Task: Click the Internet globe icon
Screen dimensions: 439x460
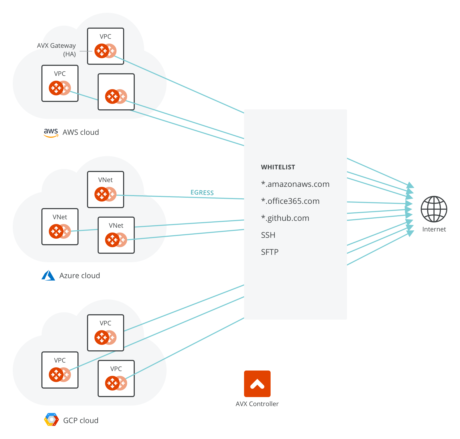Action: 434,209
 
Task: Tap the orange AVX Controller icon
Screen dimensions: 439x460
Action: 257,384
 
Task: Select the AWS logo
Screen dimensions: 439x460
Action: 51,133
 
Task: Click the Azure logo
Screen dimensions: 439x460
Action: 48,276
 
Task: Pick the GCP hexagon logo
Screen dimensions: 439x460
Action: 51,420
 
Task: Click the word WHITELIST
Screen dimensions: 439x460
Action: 278,167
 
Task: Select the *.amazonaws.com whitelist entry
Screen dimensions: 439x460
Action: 295,184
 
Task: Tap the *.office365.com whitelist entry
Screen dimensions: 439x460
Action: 290,201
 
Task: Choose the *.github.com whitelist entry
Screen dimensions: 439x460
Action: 285,218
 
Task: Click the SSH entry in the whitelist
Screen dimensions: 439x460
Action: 268,235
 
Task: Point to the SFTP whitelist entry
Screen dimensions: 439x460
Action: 270,252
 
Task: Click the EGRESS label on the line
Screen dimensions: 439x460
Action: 202,193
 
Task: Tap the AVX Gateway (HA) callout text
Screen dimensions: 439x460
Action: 57,50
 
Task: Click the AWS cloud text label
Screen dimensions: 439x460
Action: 81,132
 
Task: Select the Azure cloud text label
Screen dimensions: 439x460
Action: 80,276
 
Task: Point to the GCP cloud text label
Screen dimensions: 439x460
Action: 81,420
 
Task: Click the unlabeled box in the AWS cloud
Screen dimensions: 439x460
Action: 116,92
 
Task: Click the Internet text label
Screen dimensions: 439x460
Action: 434,229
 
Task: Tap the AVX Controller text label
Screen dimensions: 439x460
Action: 257,404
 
